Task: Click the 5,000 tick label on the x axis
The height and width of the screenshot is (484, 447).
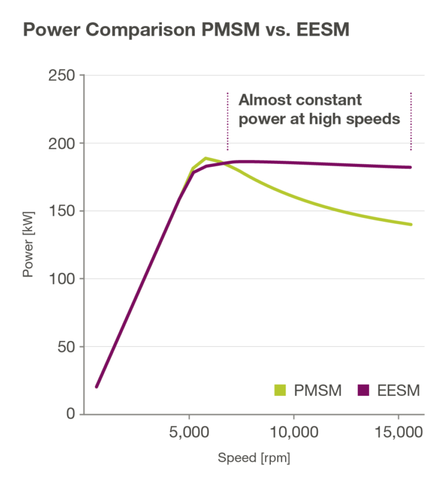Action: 189,430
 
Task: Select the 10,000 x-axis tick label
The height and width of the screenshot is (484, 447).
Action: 293,430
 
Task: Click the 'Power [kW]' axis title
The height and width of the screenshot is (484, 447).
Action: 29,245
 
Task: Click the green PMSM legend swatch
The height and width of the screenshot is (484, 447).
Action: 281,391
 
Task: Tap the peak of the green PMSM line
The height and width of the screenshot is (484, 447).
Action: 205,158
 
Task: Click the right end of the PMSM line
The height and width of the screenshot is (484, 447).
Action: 411,225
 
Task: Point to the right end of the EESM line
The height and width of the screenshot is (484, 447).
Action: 411,167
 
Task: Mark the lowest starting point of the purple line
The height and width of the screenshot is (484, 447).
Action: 96,387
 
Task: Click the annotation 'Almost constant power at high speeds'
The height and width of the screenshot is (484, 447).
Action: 319,110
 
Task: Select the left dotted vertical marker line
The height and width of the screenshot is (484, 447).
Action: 228,121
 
